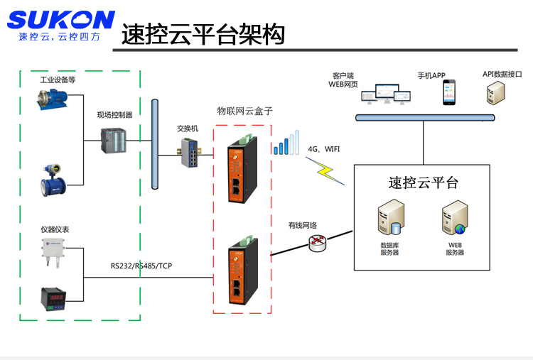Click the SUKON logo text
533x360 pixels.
click(60, 20)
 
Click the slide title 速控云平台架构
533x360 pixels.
click(203, 34)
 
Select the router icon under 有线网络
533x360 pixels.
click(318, 244)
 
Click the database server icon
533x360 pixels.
click(389, 219)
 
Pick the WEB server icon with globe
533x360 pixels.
click(455, 219)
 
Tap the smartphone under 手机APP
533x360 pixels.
click(449, 92)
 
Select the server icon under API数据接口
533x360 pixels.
click(495, 93)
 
